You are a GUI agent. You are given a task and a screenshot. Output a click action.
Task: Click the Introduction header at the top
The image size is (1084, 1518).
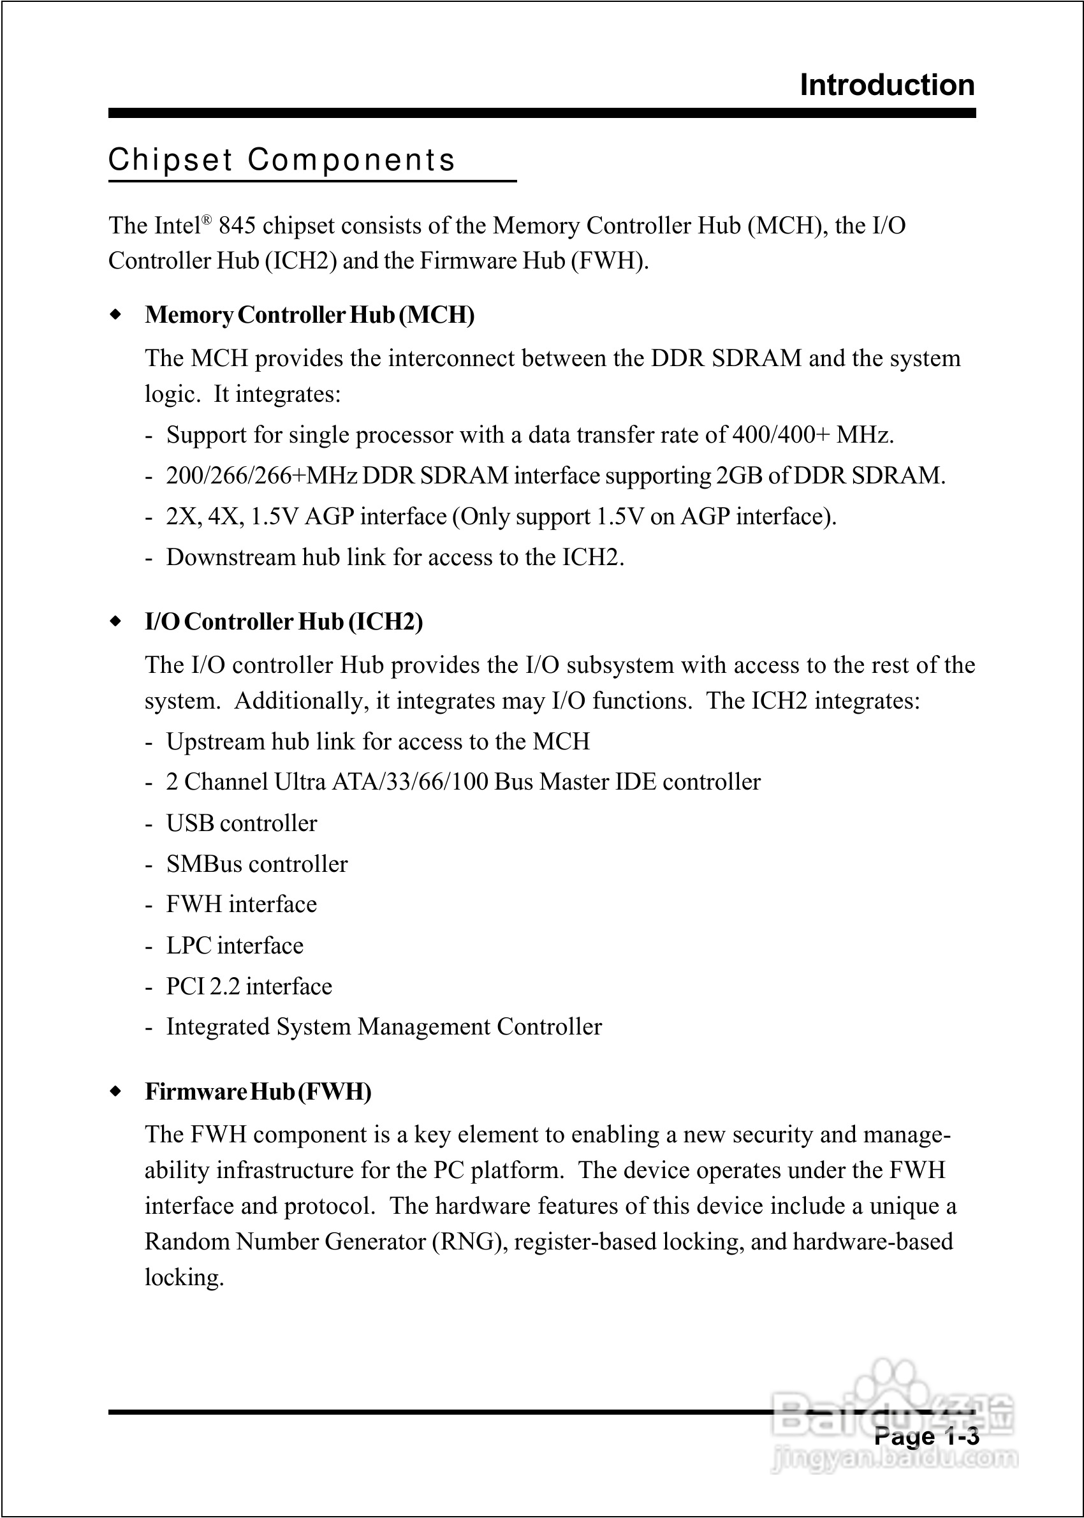886,85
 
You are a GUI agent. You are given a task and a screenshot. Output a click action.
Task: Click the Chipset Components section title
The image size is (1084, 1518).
282,160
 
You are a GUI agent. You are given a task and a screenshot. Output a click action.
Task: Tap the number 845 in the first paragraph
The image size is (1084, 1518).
237,226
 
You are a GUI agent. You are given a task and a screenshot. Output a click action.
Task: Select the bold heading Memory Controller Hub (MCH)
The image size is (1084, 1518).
310,315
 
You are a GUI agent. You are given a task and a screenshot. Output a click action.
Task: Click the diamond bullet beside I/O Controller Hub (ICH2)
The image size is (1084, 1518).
116,621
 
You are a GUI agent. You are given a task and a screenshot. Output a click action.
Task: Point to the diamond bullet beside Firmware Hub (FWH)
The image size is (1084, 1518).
116,1091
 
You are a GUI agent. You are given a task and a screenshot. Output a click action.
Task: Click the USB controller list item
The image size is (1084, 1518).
242,824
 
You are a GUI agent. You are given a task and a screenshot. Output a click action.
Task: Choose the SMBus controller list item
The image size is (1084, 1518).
257,864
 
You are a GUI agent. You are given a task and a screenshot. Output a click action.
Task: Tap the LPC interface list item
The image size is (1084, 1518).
235,946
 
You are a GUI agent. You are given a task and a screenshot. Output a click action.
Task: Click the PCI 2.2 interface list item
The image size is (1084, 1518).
249,987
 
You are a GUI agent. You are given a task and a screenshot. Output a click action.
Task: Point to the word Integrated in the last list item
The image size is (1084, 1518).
218,1028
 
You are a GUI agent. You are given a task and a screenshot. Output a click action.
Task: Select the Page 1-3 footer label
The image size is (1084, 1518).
926,1436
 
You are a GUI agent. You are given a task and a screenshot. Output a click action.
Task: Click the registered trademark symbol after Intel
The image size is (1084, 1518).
207,219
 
